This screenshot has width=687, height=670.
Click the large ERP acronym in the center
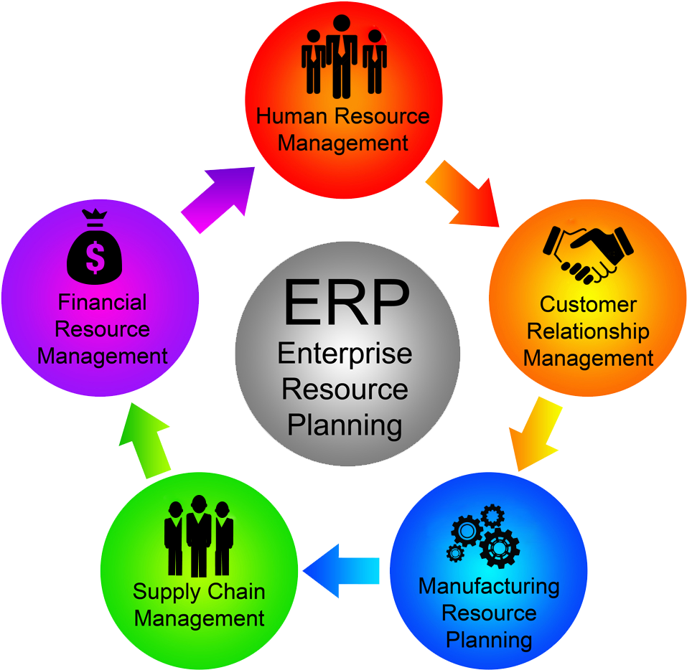(346, 302)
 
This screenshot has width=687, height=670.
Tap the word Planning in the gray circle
(345, 425)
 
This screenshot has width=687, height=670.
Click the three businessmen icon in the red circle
(344, 60)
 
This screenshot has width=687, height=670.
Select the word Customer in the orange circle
(588, 304)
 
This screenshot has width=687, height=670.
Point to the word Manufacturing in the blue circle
(488, 586)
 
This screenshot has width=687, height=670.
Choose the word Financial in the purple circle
(102, 302)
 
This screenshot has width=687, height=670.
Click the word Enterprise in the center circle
(345, 354)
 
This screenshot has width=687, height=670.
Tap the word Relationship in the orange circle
(588, 331)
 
